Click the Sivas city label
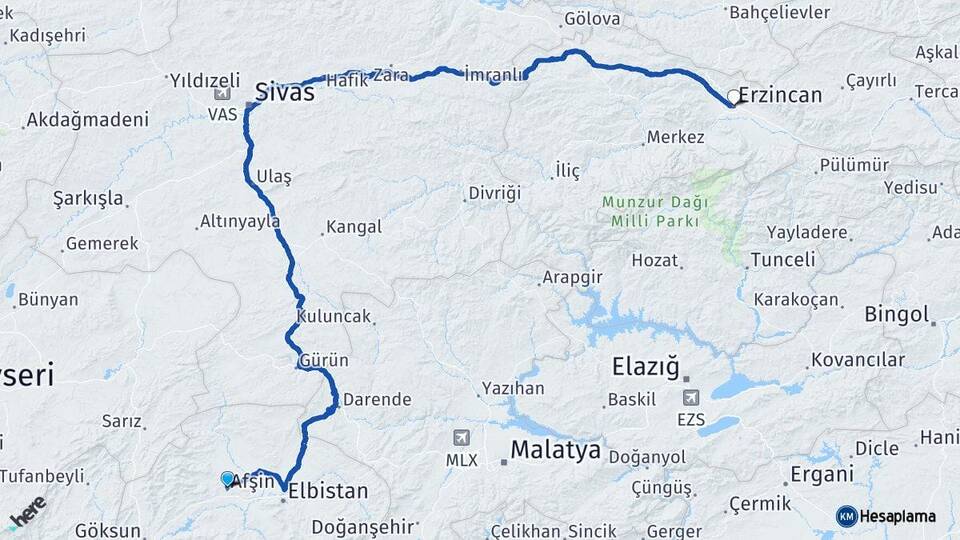pos(285,92)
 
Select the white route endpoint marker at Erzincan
pos(734,98)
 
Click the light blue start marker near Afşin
pos(228,479)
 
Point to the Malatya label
pos(555,450)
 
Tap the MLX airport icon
pos(461,438)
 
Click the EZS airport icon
pos(690,398)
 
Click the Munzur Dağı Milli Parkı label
pos(655,210)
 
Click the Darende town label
pos(376,400)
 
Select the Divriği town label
pos(495,193)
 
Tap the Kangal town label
pos(354,227)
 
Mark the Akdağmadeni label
pos(88,120)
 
